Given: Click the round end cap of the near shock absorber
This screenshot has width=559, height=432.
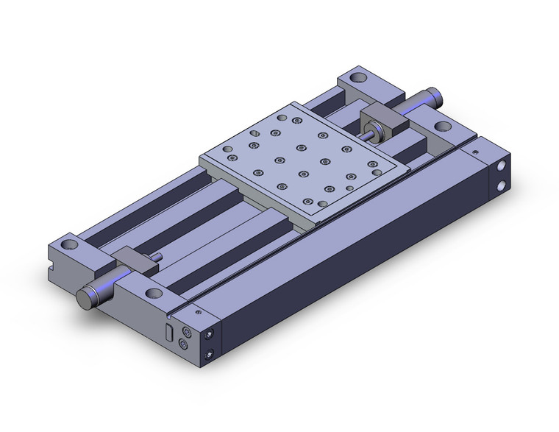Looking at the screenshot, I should point(84,298).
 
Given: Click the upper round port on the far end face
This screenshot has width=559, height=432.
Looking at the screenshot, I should point(502,167).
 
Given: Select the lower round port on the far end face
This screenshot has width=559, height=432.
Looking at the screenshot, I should point(502,184).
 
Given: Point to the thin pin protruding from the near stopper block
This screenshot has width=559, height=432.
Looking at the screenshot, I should point(157,257).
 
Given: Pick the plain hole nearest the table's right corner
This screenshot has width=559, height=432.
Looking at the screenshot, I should point(376,171).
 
